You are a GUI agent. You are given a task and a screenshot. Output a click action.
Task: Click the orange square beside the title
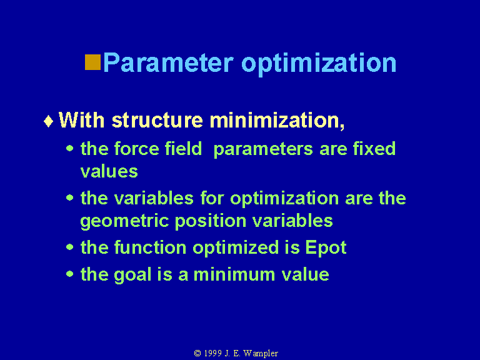tap(92, 62)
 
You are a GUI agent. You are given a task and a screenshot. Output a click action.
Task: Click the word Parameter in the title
tap(168, 62)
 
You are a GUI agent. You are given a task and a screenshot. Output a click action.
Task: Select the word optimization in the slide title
tap(319, 64)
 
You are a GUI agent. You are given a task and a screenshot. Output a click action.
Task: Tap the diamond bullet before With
tap(48, 121)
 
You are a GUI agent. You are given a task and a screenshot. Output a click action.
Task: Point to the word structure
tap(157, 120)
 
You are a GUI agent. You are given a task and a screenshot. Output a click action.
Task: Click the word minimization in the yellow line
tap(277, 120)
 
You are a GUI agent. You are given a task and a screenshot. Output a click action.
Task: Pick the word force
tap(136, 149)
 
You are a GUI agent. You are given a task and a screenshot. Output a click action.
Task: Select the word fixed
tap(374, 149)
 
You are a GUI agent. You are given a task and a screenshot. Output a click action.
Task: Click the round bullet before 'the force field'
tap(70, 149)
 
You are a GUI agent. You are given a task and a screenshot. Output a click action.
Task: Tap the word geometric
tap(124, 221)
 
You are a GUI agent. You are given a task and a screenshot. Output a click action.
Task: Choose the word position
tap(211, 221)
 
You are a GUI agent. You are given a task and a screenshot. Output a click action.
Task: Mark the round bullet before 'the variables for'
tap(70, 197)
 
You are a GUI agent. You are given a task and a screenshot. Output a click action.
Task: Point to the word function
tap(150, 247)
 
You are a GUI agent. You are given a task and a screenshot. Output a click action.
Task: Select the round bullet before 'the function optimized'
tap(70, 247)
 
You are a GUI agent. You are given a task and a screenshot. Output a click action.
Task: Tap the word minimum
tap(234, 274)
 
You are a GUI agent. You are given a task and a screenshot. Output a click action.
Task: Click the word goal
tap(132, 275)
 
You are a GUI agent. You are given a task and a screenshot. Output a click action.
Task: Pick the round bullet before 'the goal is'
tap(70, 274)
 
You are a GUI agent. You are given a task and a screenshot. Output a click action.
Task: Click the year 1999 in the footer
tap(212, 353)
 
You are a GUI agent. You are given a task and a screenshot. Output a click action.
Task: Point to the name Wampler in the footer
tap(261, 354)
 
